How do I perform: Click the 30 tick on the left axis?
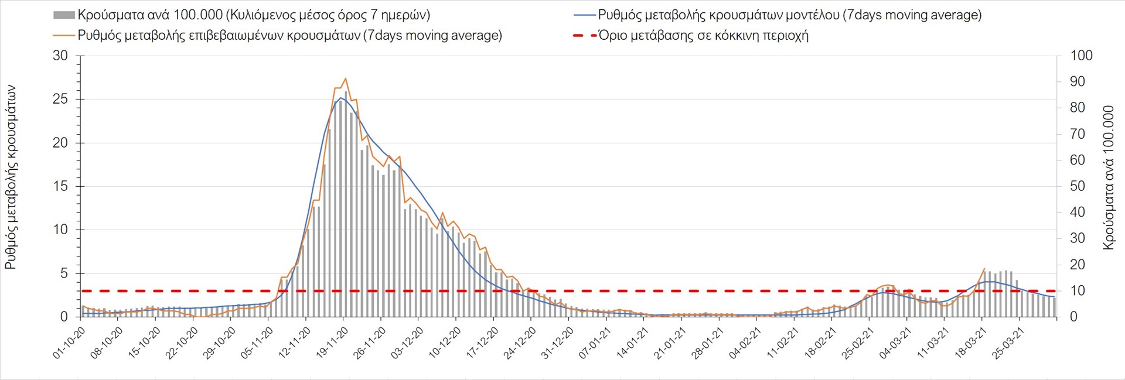60,56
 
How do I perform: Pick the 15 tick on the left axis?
60,186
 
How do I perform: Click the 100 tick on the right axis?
1081,56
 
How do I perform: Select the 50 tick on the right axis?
1078,186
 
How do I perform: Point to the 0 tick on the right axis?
1073,317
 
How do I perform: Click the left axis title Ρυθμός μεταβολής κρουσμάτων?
11,177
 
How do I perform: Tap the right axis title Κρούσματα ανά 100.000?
1108,177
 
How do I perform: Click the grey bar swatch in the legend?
64,15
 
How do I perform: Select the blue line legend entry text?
789,15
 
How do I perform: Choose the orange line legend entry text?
289,35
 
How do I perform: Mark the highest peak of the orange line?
346,78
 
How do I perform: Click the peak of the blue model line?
340,98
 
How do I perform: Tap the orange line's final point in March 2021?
984,269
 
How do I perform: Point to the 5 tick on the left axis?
64,273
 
